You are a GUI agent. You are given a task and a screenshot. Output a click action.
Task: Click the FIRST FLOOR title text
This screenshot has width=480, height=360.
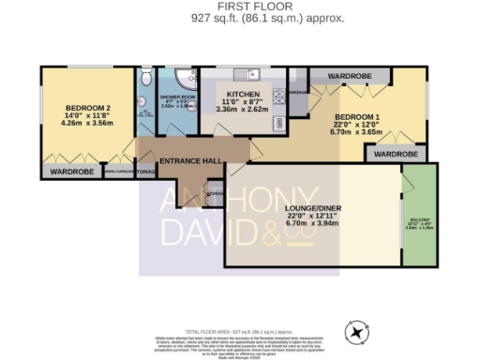pyautogui.click(x=240, y=6)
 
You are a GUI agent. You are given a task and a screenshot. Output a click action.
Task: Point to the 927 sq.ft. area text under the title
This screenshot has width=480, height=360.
pyautogui.click(x=240, y=18)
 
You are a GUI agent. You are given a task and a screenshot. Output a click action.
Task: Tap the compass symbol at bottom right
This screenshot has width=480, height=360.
pyautogui.click(x=357, y=331)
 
